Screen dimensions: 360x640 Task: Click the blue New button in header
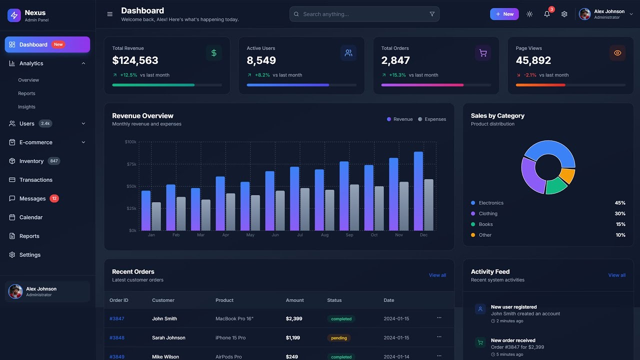coord(504,14)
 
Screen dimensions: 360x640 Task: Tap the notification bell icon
coord(547,14)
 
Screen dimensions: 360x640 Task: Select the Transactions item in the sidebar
coord(35,180)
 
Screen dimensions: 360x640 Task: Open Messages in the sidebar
coord(32,198)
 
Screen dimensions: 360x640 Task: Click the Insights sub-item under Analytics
coord(26,107)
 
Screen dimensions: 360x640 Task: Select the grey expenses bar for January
coord(156,216)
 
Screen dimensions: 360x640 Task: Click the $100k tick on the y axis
coord(130,142)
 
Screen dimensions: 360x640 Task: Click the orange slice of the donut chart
coord(567,175)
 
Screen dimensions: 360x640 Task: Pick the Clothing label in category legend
coord(488,213)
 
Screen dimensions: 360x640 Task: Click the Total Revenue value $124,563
coord(135,60)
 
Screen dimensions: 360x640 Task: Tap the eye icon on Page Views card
coord(617,53)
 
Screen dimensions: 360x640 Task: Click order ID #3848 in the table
coord(117,338)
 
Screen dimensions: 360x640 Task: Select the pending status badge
coord(339,338)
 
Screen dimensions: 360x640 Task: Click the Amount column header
coord(294,300)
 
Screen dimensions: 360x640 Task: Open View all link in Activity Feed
coord(616,275)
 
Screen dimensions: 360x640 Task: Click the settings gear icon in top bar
coord(564,14)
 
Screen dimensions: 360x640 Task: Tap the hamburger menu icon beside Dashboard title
coord(110,14)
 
